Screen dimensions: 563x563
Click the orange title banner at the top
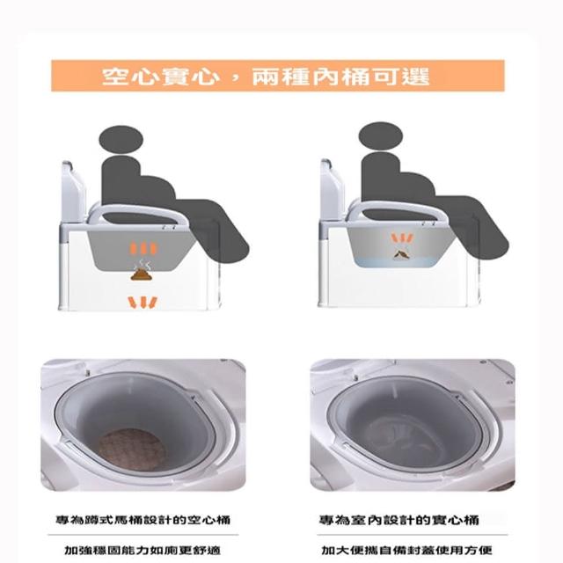click(x=278, y=76)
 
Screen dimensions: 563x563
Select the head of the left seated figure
click(x=121, y=140)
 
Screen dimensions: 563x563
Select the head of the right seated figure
click(x=381, y=137)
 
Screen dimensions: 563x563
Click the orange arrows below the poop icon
click(x=143, y=303)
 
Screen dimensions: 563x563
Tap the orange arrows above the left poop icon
click(x=143, y=248)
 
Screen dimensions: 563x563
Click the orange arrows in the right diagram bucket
click(x=403, y=238)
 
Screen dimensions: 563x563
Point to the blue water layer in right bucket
click(x=398, y=261)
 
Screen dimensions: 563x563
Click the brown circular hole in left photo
click(x=133, y=449)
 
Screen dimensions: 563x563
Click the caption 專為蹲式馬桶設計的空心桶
click(x=143, y=520)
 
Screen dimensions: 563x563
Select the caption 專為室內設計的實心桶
click(x=399, y=520)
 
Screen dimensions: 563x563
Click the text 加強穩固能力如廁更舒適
click(x=143, y=550)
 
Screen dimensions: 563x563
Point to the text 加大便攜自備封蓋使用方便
click(x=406, y=550)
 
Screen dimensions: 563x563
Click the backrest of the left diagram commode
click(x=73, y=192)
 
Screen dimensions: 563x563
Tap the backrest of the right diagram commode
click(x=333, y=190)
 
